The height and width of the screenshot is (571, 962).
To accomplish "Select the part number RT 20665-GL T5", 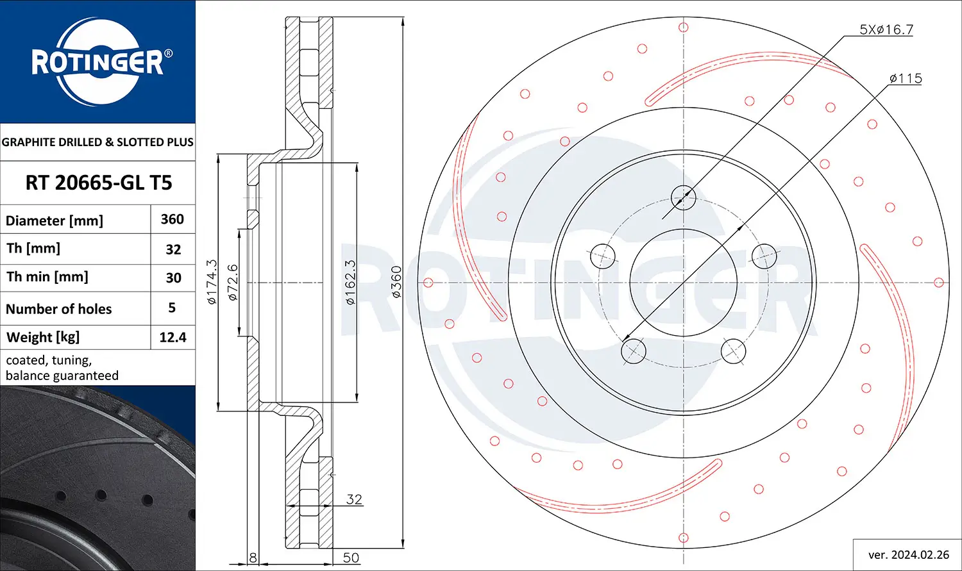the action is pyautogui.click(x=99, y=183).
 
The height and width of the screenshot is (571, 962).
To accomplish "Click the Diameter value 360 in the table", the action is pyautogui.click(x=173, y=219).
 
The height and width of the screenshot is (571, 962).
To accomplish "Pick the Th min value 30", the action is pyautogui.click(x=174, y=277).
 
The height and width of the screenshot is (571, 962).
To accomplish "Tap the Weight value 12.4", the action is pyautogui.click(x=173, y=337).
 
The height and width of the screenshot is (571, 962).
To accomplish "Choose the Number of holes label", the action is pyautogui.click(x=58, y=309).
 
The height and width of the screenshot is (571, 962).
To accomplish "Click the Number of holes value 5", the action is pyautogui.click(x=172, y=308).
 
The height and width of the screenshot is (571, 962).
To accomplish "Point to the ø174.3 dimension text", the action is pyautogui.click(x=212, y=282).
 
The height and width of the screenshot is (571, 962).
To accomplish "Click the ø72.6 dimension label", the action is pyautogui.click(x=232, y=282).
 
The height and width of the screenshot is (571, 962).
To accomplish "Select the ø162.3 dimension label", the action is pyautogui.click(x=350, y=282).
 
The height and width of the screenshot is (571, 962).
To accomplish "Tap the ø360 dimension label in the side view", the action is pyautogui.click(x=396, y=282).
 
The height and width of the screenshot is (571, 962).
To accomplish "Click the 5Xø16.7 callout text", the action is pyautogui.click(x=886, y=29).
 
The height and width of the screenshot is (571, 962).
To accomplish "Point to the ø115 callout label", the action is pyautogui.click(x=906, y=78).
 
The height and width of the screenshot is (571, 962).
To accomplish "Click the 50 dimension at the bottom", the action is pyautogui.click(x=351, y=558).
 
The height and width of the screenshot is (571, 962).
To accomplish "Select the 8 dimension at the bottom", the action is pyautogui.click(x=253, y=558).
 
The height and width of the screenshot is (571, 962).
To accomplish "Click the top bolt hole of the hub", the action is pyautogui.click(x=683, y=198).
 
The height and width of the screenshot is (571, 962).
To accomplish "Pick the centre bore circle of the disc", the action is pyautogui.click(x=683, y=283).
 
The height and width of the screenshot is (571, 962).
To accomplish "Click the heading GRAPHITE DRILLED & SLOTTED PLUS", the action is pyautogui.click(x=97, y=142).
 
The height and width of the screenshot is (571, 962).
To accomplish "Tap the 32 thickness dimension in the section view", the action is pyautogui.click(x=354, y=499).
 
